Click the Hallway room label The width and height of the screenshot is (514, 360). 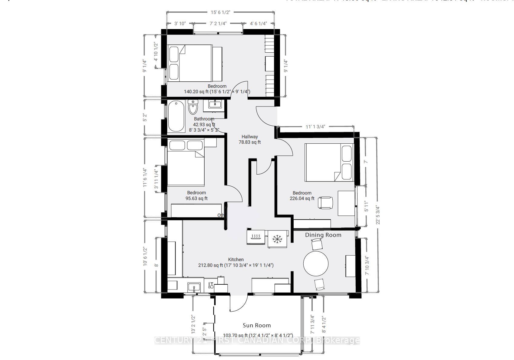point(249,137)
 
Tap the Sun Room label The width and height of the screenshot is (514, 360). point(256,326)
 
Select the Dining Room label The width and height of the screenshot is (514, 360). point(323,235)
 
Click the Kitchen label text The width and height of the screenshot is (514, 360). point(236,260)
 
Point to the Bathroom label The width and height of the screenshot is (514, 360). point(204,119)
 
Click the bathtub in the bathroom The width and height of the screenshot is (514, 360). point(176,116)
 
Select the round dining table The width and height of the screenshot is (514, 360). point(316,263)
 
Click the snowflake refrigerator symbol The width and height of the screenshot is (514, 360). point(277,239)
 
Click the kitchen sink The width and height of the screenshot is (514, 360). point(194,287)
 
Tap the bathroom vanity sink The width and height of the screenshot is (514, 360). point(215,105)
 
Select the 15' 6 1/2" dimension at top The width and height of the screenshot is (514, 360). point(220,12)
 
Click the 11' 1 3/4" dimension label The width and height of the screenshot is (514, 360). point(315,127)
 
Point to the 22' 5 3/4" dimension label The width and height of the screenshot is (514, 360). point(377,215)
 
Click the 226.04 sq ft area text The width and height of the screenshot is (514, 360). point(302,199)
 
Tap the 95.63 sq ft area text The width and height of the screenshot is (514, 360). point(196,199)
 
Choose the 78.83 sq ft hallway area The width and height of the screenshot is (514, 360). point(249,142)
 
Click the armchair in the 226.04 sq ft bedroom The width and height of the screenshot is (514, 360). point(325,202)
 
